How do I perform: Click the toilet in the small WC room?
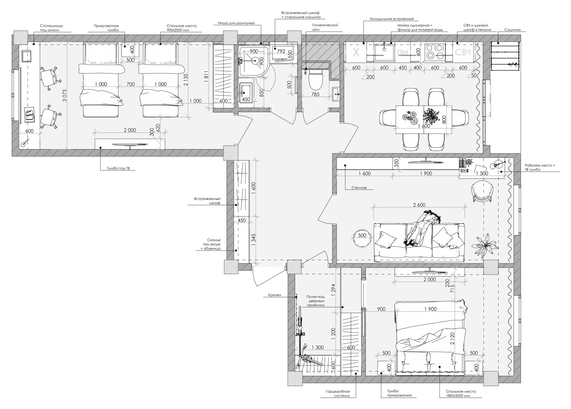[x=316, y=80]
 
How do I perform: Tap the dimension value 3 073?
[x=65, y=95]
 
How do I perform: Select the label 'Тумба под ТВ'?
[x=118, y=168]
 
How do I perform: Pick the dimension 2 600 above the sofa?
[x=419, y=205]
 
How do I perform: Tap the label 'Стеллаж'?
[x=359, y=188]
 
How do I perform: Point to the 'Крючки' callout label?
[x=274, y=295]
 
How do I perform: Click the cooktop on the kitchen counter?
[x=435, y=52]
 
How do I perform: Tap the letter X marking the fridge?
[x=356, y=53]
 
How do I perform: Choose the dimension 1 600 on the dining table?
[x=424, y=126]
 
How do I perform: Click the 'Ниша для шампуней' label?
[x=236, y=23]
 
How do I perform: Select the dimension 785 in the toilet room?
[x=315, y=94]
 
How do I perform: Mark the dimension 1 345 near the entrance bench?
[x=253, y=240]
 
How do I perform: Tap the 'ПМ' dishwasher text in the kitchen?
[x=403, y=52]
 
